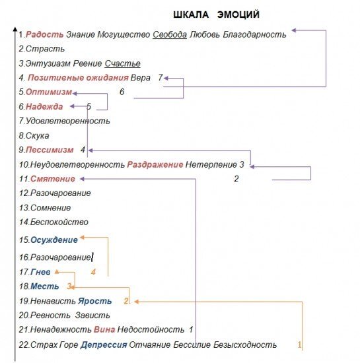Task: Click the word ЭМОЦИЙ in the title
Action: click(x=235, y=15)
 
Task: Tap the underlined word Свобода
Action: click(x=169, y=34)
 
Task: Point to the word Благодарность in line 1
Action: click(x=254, y=34)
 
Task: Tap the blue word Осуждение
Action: click(x=54, y=240)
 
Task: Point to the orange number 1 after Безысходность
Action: click(x=299, y=345)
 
